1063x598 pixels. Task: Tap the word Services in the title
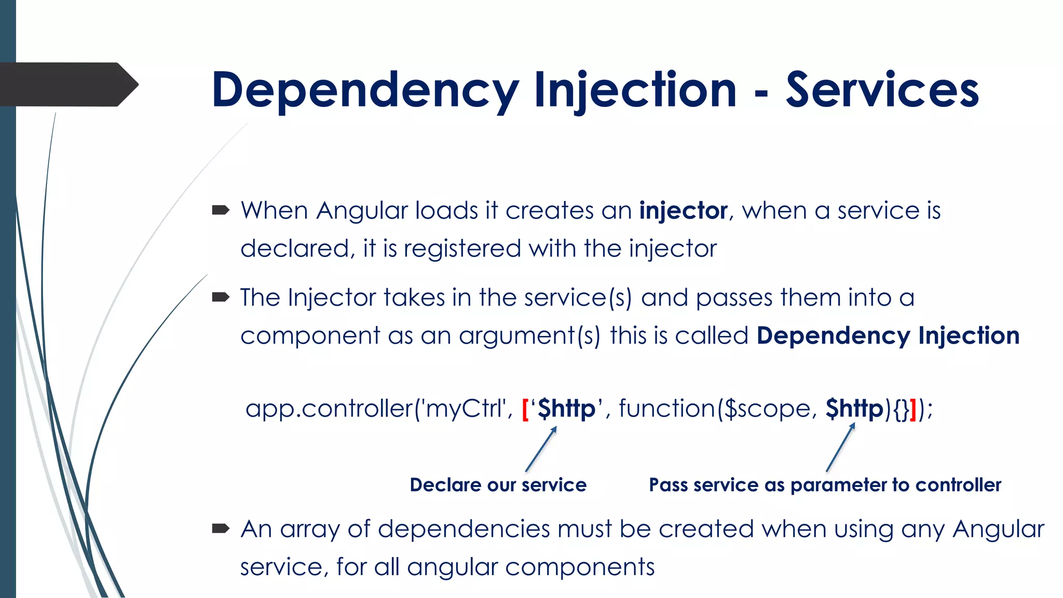click(882, 91)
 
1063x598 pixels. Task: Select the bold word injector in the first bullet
click(683, 211)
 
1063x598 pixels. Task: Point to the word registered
click(462, 249)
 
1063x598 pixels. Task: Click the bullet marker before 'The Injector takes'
click(221, 297)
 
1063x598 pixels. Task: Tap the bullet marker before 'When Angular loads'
click(221, 210)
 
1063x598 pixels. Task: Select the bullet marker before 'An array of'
click(221, 528)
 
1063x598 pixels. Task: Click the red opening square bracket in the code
click(525, 409)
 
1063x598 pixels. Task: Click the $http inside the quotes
click(566, 409)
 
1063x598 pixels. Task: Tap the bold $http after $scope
click(854, 409)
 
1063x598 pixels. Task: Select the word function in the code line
click(667, 409)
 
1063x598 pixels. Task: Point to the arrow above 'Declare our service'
click(541, 449)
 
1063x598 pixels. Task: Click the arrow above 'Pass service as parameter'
click(840, 447)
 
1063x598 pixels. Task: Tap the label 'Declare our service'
click(498, 485)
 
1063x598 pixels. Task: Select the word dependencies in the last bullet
click(464, 529)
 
